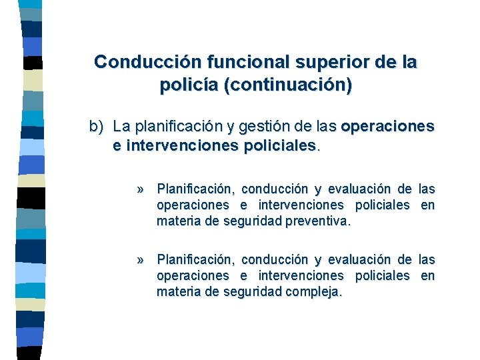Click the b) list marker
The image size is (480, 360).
tap(98, 126)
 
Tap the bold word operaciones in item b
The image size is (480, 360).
tap(387, 126)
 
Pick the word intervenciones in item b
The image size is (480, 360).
tap(174, 145)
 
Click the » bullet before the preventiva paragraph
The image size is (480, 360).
tap(141, 189)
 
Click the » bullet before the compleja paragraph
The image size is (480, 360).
tap(141, 259)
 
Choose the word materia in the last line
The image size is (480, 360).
tap(178, 291)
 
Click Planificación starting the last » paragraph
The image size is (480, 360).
tap(195, 259)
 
